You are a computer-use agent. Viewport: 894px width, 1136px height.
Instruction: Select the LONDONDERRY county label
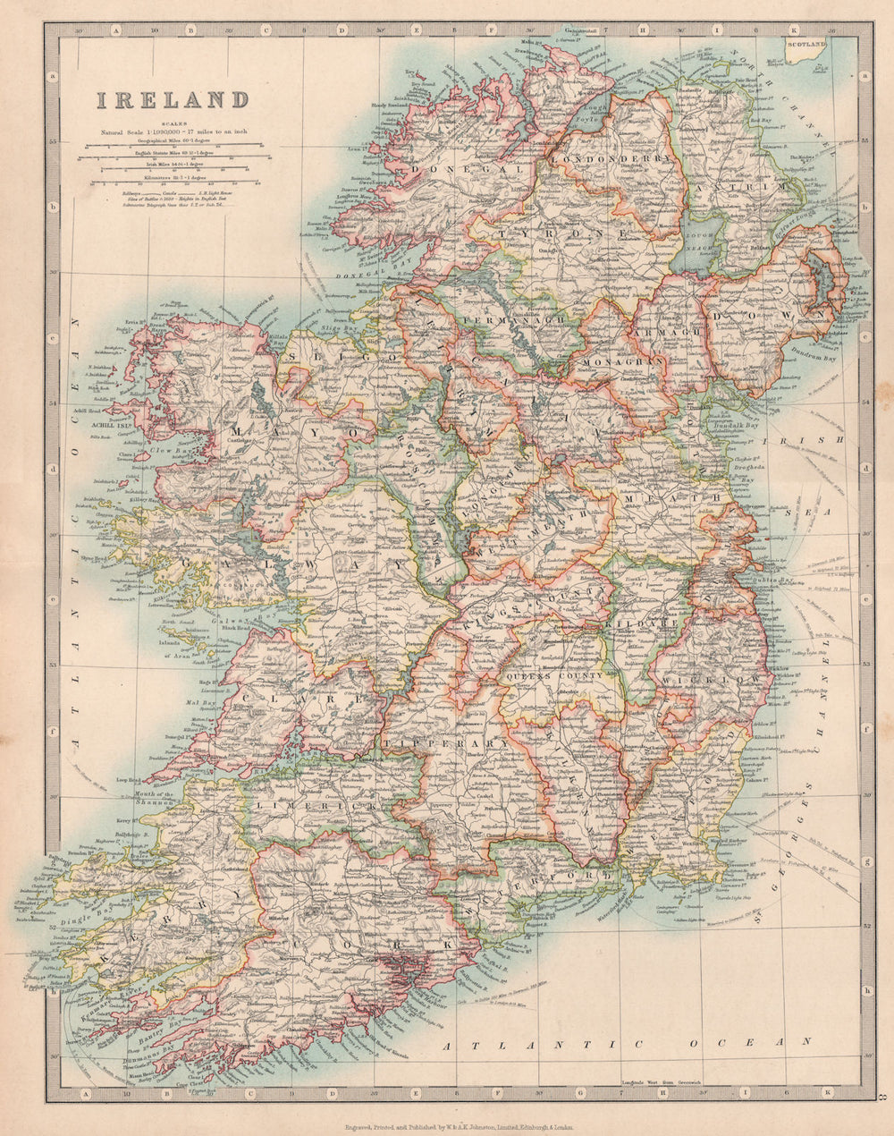click(x=610, y=158)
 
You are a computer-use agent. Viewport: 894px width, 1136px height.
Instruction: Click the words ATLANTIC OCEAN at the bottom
click(x=626, y=1043)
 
